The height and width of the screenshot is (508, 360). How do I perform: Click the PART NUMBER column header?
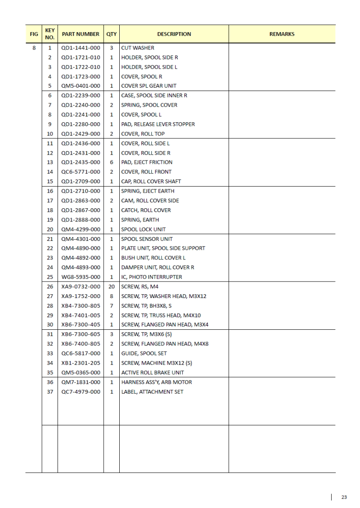pos(80,34)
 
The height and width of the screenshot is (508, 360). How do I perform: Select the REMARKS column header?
pos(282,34)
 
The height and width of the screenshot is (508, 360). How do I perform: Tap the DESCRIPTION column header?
pos(174,34)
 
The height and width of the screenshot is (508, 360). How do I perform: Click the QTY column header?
pos(112,34)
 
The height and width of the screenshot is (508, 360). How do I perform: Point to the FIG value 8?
pos(33,48)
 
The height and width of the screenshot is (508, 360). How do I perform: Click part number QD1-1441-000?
pos(80,48)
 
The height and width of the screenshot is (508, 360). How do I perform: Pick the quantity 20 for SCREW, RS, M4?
pos(112,287)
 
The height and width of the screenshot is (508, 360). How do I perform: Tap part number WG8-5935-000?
pos(80,277)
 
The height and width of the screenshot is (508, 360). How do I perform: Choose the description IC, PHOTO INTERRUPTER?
pos(151,277)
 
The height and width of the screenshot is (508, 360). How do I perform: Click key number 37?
pos(49,392)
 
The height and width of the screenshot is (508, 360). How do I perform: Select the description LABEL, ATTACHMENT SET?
pos(152,392)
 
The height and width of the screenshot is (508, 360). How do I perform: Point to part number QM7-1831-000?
pos(80,382)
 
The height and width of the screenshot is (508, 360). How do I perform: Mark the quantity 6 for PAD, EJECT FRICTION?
pos(112,162)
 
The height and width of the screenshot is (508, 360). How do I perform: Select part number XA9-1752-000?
pos(80,296)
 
